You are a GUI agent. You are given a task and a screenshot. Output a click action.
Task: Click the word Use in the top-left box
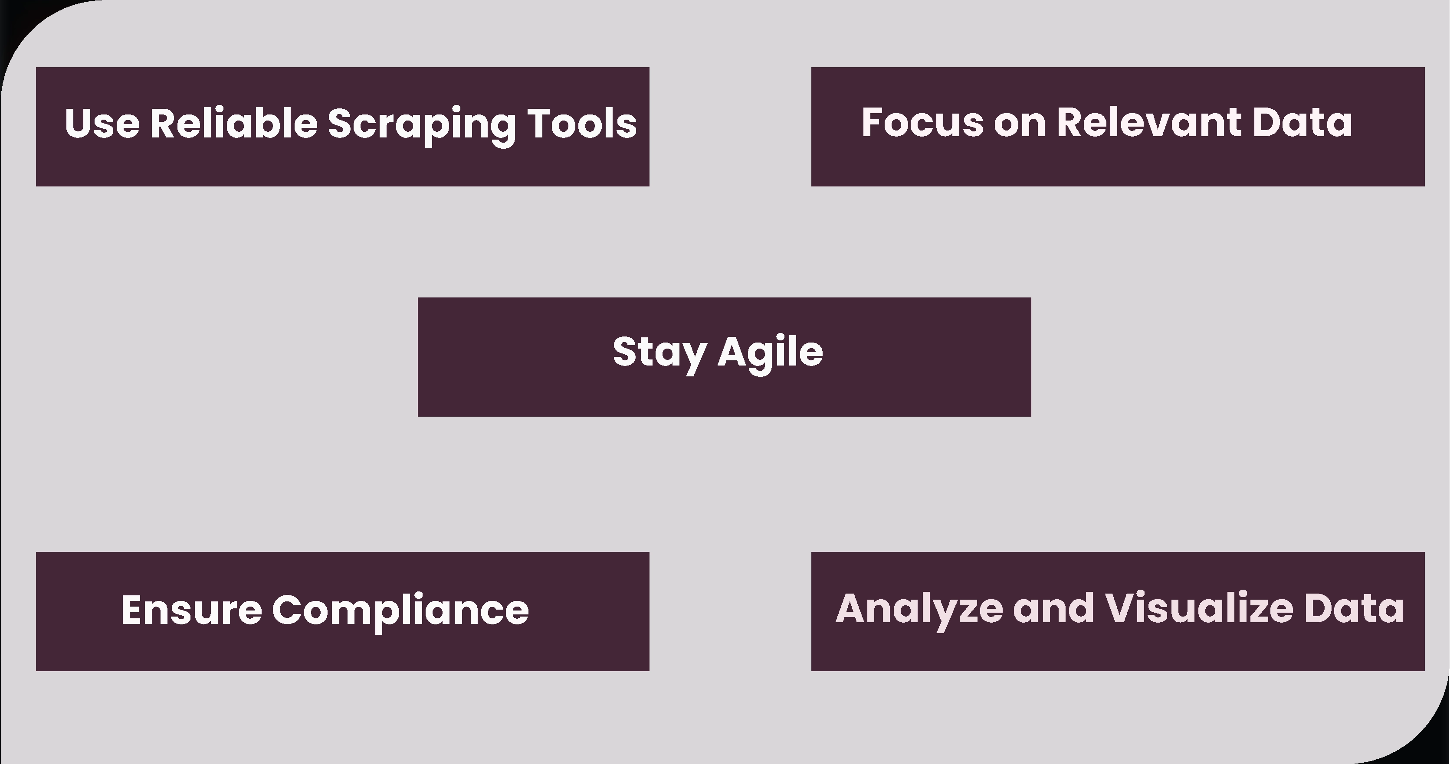click(102, 123)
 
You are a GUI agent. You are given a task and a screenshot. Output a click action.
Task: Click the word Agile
click(771, 353)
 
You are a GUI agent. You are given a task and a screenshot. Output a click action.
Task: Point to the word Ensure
click(191, 610)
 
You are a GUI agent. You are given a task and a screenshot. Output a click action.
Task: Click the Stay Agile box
click(725, 357)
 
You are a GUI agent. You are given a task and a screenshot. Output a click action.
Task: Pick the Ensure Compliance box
click(343, 611)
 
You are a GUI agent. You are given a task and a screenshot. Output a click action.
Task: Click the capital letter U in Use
click(79, 123)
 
